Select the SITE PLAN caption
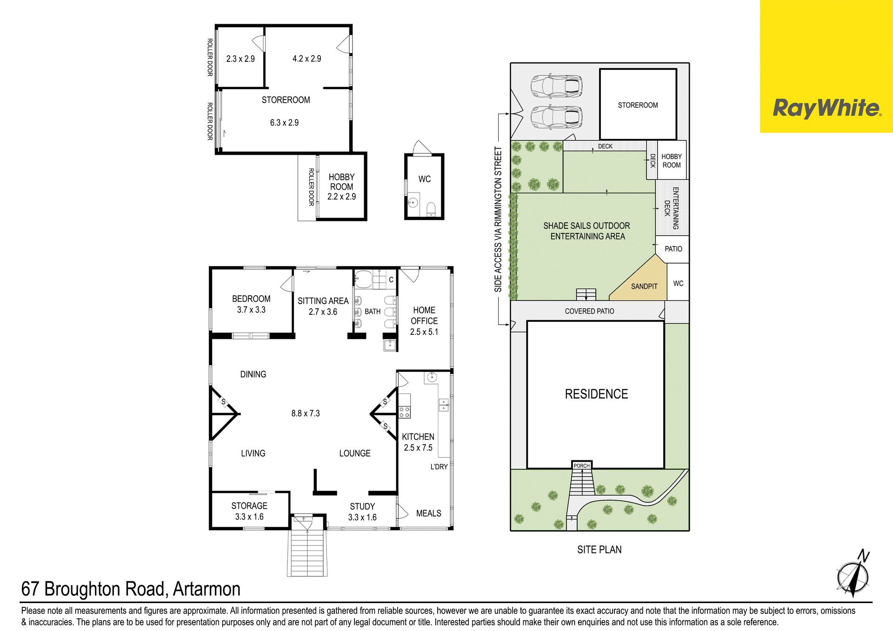click(599, 550)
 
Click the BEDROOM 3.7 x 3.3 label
click(251, 304)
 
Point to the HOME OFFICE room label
click(424, 321)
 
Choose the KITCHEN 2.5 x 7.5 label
click(418, 442)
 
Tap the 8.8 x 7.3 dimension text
click(306, 413)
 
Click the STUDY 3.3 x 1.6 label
click(362, 511)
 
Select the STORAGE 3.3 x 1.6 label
click(249, 511)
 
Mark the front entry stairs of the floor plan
click(307, 551)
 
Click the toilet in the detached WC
click(431, 209)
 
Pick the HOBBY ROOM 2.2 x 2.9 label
click(341, 187)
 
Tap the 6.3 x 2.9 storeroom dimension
click(284, 123)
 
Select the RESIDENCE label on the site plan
click(596, 394)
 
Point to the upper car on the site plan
click(556, 86)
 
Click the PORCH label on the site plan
click(581, 465)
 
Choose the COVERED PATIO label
click(589, 311)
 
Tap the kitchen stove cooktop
click(405, 412)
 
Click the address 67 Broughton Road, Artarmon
click(131, 589)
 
